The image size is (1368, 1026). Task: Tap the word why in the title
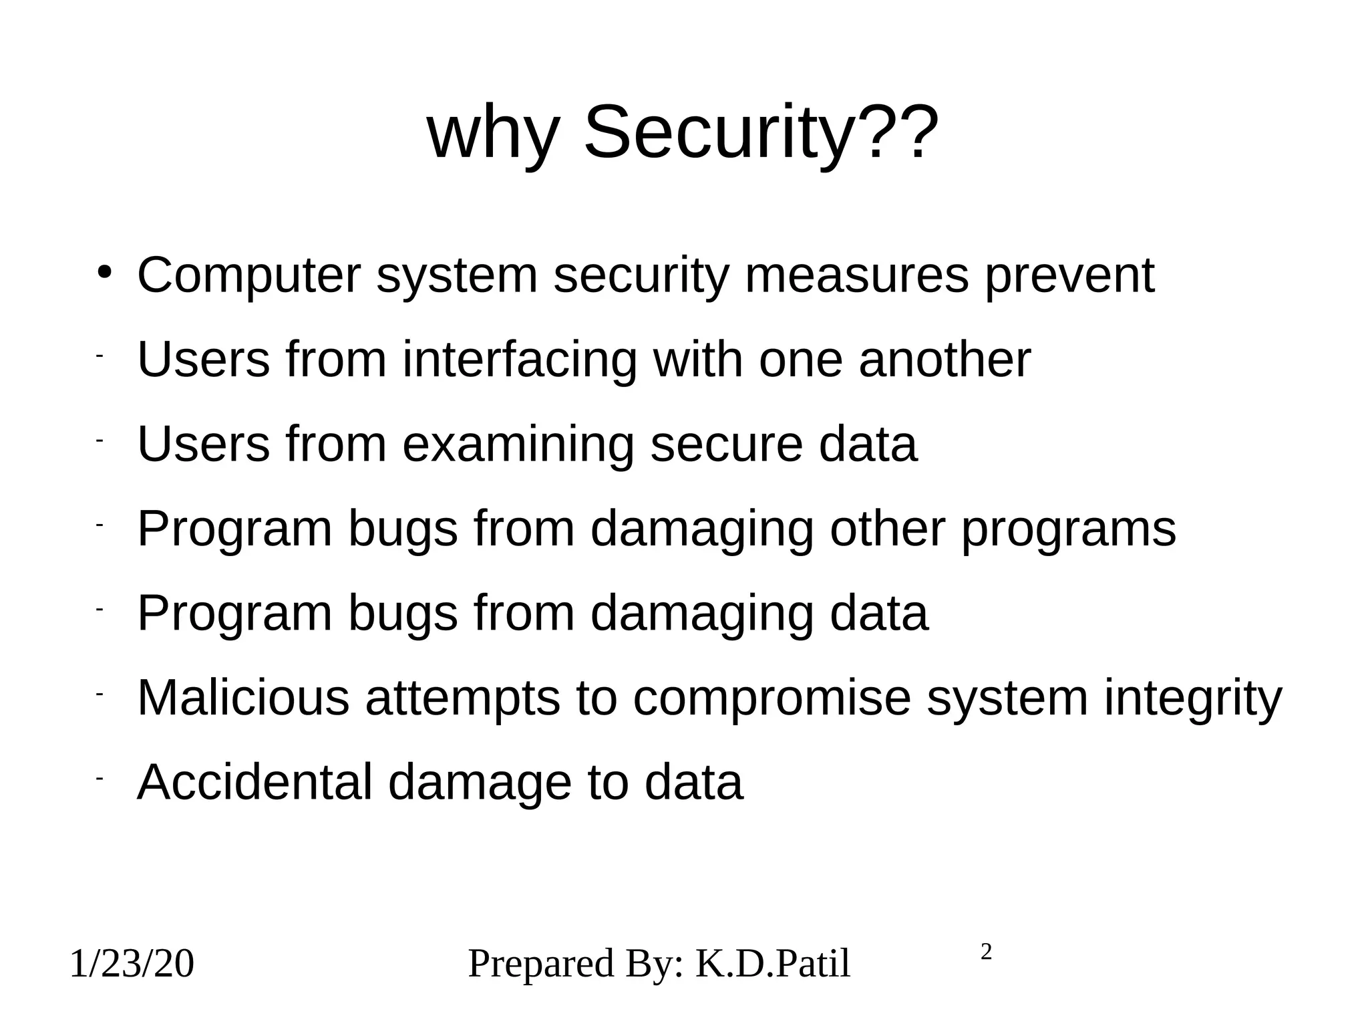[x=493, y=134]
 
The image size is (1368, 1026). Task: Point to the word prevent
[x=1069, y=276]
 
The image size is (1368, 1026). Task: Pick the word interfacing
[x=520, y=360]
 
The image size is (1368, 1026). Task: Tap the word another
[x=945, y=359]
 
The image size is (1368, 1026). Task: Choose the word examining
[x=518, y=444]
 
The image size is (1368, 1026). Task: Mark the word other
[x=887, y=528]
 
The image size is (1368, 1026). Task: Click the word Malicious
[x=243, y=697]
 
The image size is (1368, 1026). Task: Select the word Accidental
[x=254, y=782]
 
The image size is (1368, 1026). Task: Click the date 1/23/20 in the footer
[x=132, y=965]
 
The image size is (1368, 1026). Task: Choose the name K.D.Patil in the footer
[x=773, y=964]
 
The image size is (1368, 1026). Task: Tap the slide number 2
[x=986, y=952]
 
